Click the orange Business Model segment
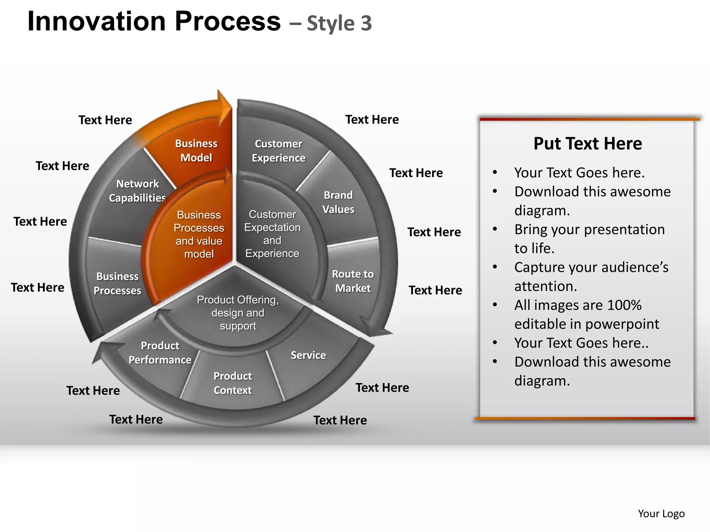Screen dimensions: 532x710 196,151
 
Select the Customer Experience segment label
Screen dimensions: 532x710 278,151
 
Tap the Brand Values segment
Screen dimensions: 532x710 338,202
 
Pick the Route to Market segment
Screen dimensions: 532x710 353,281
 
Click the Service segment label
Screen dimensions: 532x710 308,355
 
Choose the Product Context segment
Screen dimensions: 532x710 233,383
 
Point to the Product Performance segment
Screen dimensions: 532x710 160,353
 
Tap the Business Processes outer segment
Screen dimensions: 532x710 117,283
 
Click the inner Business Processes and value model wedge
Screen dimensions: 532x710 199,234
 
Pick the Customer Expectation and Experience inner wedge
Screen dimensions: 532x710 272,234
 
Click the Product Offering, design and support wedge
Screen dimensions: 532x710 238,312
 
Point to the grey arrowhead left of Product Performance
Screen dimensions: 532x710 105,351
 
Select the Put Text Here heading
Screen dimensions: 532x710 587,143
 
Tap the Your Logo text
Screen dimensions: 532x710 661,513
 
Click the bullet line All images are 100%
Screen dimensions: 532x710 578,305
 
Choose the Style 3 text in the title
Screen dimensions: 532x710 339,24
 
